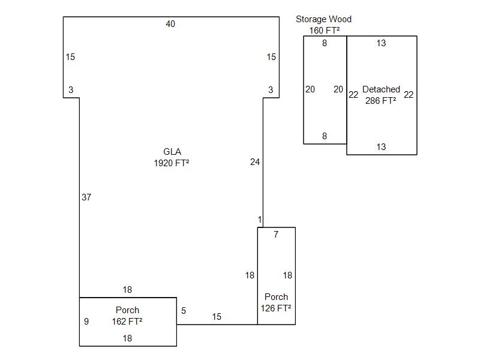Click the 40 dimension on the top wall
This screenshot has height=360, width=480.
[170, 24]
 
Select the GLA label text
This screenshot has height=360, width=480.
[172, 152]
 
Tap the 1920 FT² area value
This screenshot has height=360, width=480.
[172, 163]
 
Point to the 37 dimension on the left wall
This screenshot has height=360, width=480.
[86, 197]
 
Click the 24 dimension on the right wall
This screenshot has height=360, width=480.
[255, 162]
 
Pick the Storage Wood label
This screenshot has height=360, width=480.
[323, 19]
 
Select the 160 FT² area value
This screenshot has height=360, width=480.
[325, 31]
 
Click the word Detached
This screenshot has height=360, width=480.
[381, 89]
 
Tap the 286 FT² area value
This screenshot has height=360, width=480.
[381, 100]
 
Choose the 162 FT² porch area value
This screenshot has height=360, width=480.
[127, 321]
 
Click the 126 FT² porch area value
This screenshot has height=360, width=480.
[276, 308]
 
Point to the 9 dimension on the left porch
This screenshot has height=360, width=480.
[86, 322]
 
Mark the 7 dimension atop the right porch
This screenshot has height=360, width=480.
[276, 235]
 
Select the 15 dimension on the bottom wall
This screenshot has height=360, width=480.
[217, 317]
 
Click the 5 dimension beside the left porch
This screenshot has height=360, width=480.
[184, 311]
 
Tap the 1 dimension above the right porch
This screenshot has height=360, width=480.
[260, 220]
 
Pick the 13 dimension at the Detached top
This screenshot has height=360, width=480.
[381, 43]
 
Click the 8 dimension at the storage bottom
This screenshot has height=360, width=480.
[325, 136]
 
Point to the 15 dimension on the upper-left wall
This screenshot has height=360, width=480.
[70, 57]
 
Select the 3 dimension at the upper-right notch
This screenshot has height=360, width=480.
[271, 90]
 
